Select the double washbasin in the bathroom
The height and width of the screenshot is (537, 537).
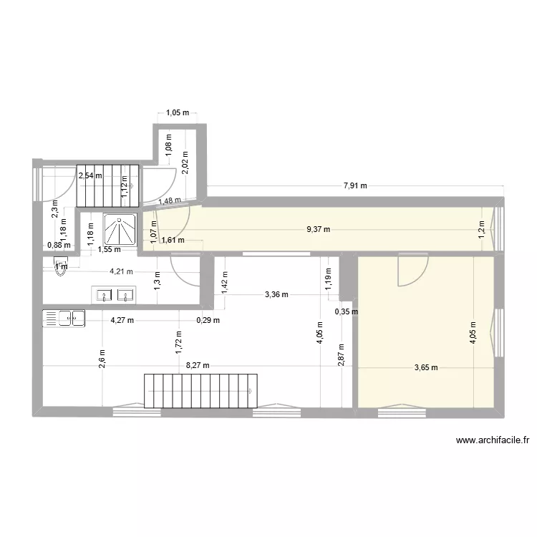pos(114,294)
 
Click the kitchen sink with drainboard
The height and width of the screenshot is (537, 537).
pos(64,318)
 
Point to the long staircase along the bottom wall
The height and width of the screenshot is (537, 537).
pos(200,390)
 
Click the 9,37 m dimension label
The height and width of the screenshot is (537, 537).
pos(319,230)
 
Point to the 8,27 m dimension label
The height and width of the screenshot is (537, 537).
pos(197,365)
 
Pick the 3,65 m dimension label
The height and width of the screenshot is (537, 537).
pos(426,368)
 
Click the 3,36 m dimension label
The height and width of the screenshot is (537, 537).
pos(276,294)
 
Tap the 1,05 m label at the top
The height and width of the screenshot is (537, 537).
pos(178,112)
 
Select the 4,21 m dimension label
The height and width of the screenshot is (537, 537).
pos(121,271)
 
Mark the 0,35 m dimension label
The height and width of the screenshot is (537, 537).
pos(347,311)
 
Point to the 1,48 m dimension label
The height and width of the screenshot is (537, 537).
pos(170,201)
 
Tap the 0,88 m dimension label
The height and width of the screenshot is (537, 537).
pos(59,245)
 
